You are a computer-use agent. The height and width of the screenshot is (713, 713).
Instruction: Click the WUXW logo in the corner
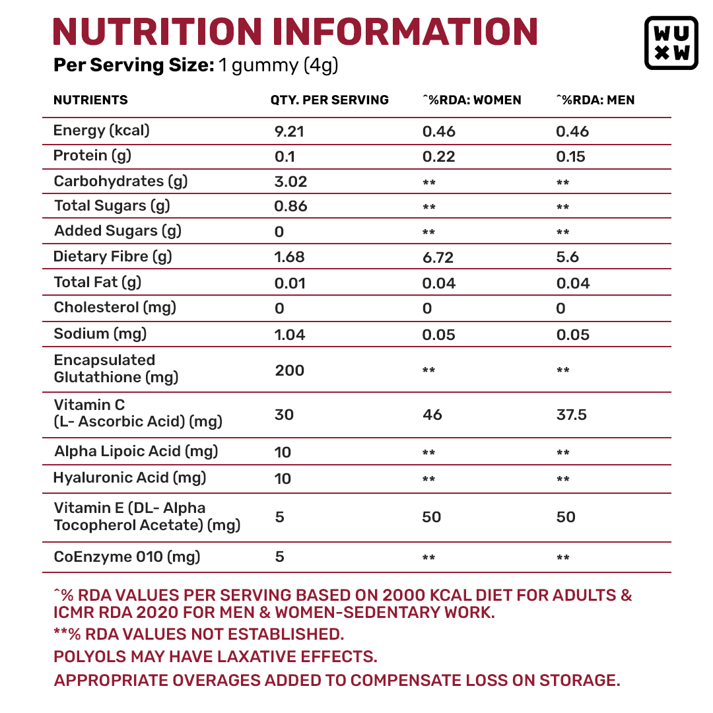671,43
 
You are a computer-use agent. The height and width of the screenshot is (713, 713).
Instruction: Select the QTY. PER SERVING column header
329,100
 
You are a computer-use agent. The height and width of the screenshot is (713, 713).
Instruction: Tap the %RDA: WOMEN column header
472,100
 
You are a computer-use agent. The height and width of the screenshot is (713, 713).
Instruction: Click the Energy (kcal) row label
102,131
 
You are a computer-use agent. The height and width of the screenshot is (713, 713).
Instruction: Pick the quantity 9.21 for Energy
289,131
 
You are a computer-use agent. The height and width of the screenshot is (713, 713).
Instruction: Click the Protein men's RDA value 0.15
570,156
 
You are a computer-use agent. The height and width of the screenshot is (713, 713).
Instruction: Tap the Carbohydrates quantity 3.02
290,182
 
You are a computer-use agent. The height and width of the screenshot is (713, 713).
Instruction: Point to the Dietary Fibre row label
113,257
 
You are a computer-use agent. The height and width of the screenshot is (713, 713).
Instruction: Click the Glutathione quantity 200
290,370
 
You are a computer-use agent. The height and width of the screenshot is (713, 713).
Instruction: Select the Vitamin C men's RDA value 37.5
572,415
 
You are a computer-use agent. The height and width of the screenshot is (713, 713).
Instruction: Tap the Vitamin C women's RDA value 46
432,415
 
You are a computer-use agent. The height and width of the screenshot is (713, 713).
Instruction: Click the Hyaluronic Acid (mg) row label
130,477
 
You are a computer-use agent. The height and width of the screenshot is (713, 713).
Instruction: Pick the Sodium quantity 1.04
290,335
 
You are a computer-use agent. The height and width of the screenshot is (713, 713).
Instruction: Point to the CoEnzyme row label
127,557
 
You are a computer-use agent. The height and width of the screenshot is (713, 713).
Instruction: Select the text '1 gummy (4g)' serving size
278,65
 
